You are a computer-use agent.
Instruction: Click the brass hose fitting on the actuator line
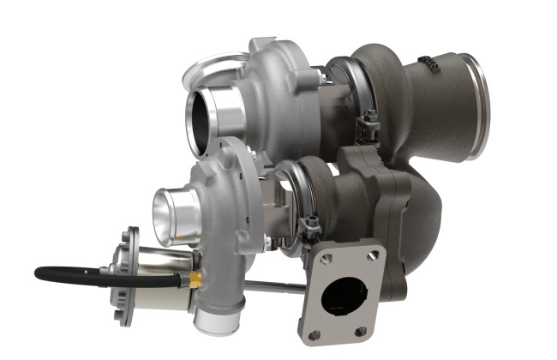tap(196, 280)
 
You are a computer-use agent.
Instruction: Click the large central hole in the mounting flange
tap(344, 296)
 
